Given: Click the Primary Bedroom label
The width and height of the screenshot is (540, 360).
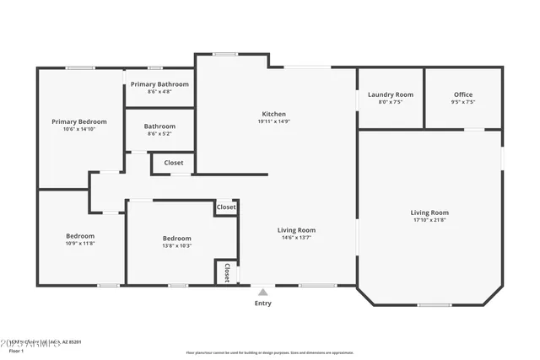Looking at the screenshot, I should (79, 121).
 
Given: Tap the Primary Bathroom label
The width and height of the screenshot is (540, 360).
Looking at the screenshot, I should (159, 84).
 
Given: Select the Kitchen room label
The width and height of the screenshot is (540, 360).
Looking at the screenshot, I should (273, 114).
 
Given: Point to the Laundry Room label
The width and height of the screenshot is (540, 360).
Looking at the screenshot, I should (391, 94).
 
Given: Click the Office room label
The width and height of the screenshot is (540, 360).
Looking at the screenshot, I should (463, 94).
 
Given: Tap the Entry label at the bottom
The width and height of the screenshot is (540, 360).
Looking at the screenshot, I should (263, 304).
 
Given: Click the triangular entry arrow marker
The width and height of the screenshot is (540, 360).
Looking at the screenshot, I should (263, 293).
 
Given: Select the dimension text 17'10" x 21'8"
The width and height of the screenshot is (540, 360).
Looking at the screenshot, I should (429, 221).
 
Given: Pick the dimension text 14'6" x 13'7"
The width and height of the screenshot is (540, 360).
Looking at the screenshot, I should (296, 238).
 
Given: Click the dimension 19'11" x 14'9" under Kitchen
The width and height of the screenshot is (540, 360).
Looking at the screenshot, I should (273, 121).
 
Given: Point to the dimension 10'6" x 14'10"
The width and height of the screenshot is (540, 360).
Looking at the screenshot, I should (79, 129).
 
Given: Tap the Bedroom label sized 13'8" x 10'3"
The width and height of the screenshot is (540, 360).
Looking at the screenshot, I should (177, 238).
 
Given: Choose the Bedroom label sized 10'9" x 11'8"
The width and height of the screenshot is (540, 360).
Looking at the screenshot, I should (81, 235).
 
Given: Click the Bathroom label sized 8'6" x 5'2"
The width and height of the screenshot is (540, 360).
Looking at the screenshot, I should (159, 126).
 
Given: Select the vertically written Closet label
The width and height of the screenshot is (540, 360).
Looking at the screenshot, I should (226, 271).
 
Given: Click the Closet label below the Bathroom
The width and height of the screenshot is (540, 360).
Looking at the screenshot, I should (173, 163).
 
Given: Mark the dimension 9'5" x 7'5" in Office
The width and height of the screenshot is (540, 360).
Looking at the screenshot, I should (463, 102).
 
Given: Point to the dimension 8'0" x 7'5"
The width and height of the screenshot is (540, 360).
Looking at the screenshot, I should (391, 102).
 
